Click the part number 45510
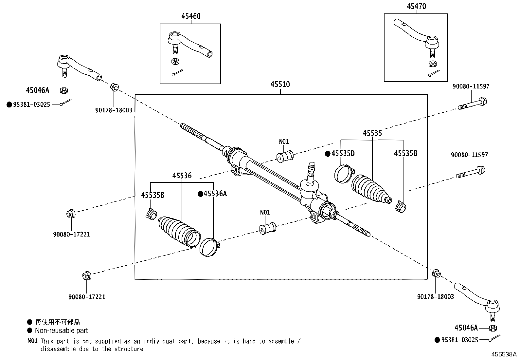tap(280, 85)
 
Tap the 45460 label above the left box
tap(191, 16)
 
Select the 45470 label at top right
tap(416, 7)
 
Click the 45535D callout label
tap(343, 154)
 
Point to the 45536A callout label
tap(215, 194)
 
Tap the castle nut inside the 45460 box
tap(175, 61)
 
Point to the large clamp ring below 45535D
tap(343, 174)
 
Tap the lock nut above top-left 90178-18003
tap(114, 87)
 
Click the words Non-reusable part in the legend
tap(61, 331)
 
